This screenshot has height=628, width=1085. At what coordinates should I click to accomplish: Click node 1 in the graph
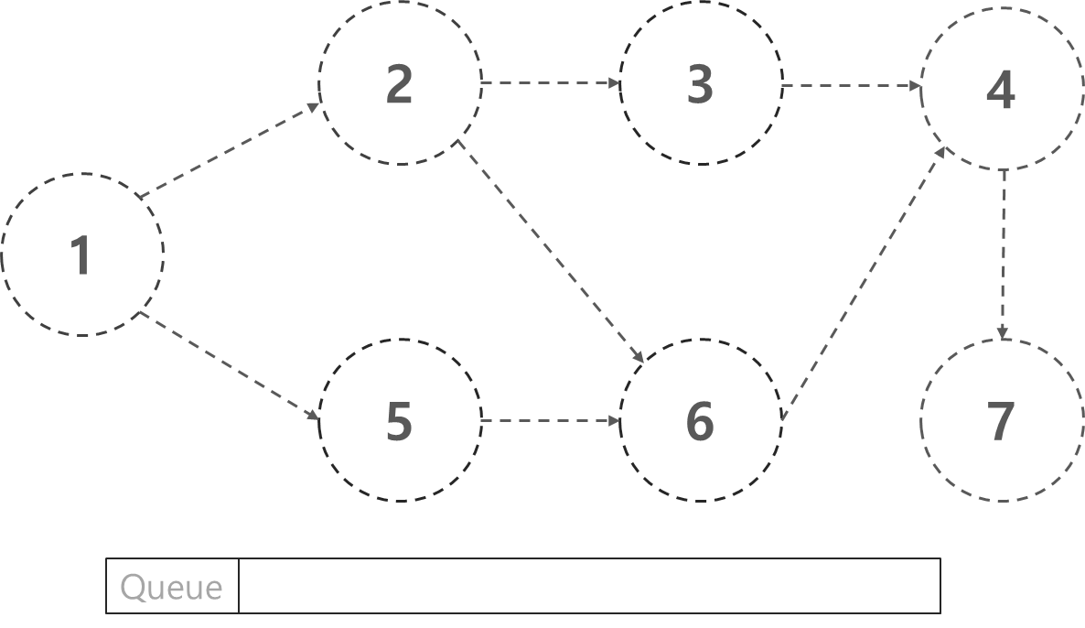pyautogui.click(x=82, y=254)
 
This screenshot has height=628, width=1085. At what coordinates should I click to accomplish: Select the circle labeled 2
pyautogui.click(x=400, y=83)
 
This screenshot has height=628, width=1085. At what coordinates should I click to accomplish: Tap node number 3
pyautogui.click(x=701, y=83)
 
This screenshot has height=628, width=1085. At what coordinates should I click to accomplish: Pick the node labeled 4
pyautogui.click(x=1002, y=89)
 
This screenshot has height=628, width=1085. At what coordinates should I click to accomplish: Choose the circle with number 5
pyautogui.click(x=400, y=421)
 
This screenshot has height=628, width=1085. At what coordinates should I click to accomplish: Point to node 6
pyautogui.click(x=701, y=421)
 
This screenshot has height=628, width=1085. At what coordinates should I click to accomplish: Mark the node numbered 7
pyautogui.click(x=1002, y=421)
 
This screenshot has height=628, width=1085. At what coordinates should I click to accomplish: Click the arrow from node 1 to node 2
pyautogui.click(x=229, y=149)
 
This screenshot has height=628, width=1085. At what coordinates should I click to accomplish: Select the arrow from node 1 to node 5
pyautogui.click(x=229, y=366)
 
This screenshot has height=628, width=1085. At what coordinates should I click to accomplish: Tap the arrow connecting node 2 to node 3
pyautogui.click(x=551, y=83)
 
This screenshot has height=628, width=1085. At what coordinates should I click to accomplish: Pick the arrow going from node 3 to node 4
pyautogui.click(x=851, y=86)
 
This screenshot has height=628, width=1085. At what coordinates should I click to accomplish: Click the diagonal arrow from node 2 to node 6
pyautogui.click(x=551, y=248)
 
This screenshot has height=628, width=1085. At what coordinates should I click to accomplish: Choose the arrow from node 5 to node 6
pyautogui.click(x=551, y=421)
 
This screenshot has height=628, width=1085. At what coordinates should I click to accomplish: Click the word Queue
pyautogui.click(x=171, y=587)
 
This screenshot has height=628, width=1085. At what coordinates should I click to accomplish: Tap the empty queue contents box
pyautogui.click(x=589, y=586)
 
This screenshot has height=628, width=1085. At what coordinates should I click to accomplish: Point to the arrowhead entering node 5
pyautogui.click(x=314, y=417)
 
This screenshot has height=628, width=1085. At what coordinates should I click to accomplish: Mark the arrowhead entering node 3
pyautogui.click(x=617, y=83)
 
